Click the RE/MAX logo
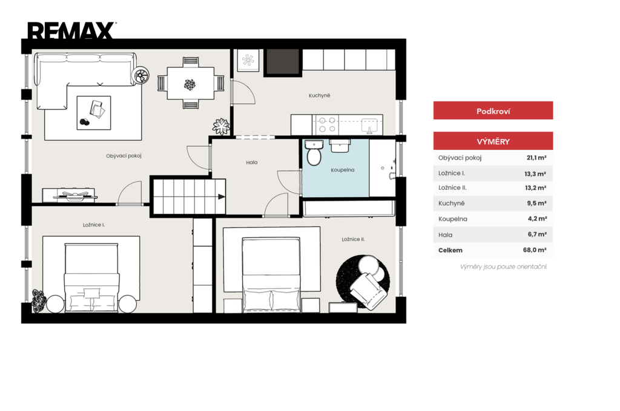coord(72,30)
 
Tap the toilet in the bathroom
coord(314,153)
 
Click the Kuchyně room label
coord(320,95)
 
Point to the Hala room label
coord(251,162)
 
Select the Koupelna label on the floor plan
coord(343,170)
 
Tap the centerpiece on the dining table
coord(190,85)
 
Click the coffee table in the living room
coord(94,112)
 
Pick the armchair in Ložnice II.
coord(368,290)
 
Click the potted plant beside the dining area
coord(221,126)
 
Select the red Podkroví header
coord(493,111)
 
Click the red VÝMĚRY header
coord(493,141)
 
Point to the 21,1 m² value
coord(536,158)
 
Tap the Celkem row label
coord(450,250)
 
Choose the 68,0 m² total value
coord(535,250)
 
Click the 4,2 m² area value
coord(538,218)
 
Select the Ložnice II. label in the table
coord(452,188)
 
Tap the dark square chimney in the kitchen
coord(282,62)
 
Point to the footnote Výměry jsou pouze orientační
coord(503,267)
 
